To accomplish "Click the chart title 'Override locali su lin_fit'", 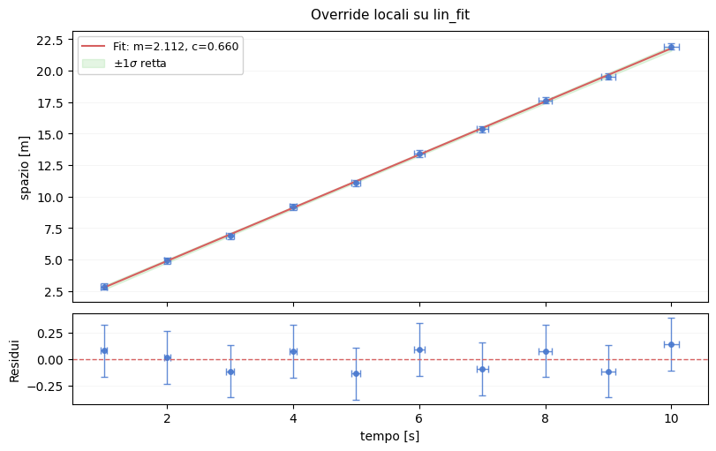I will pyautogui.click(x=389, y=15).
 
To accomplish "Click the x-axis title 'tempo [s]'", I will pyautogui.click(x=389, y=436).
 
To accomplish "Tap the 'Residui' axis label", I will pyautogui.click(x=14, y=360).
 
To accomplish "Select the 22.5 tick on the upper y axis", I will pyautogui.click(x=47, y=40).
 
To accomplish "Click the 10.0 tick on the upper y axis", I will pyautogui.click(x=47, y=197).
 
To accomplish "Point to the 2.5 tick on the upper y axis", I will pyautogui.click(x=51, y=291).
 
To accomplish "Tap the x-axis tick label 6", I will pyautogui.click(x=419, y=417).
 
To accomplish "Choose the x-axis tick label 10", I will pyautogui.click(x=671, y=417).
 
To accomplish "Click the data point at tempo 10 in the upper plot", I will pyautogui.click(x=671, y=47).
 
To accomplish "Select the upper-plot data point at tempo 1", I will pyautogui.click(x=104, y=287).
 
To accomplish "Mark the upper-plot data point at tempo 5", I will pyautogui.click(x=356, y=184).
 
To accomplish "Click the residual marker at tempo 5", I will pyautogui.click(x=356, y=373).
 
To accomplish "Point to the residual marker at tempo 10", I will pyautogui.click(x=671, y=344).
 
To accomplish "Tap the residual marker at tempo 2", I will pyautogui.click(x=167, y=357).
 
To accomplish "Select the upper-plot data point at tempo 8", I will pyautogui.click(x=546, y=101).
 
